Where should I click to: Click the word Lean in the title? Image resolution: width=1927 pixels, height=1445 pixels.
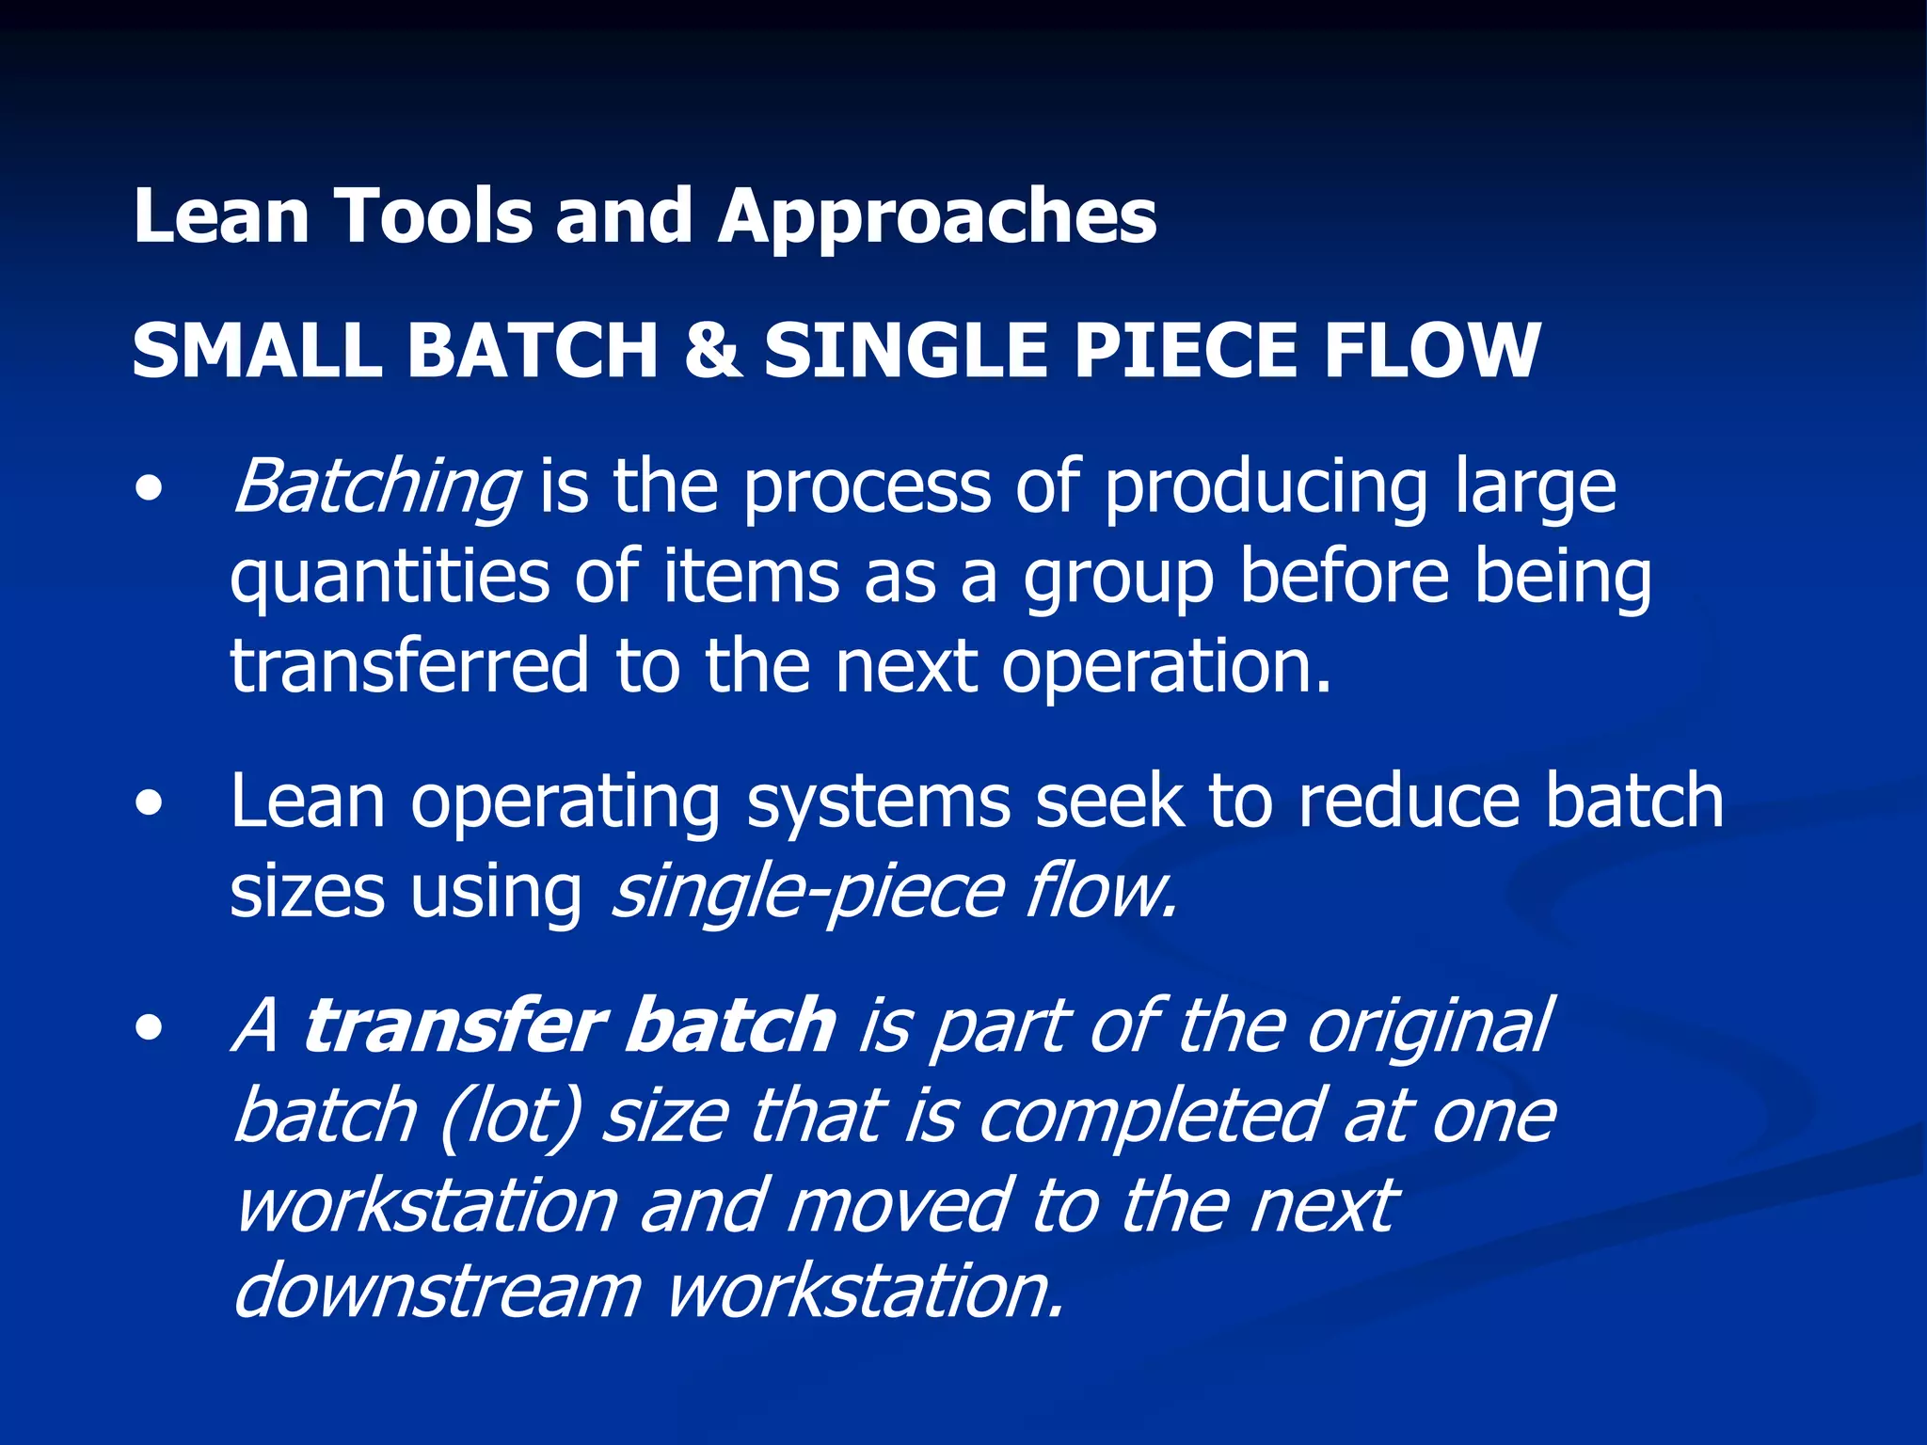pyautogui.click(x=221, y=216)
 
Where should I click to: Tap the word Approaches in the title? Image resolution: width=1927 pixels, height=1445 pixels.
pyautogui.click(x=937, y=218)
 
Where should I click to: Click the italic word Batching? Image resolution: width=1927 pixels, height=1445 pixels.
pyautogui.click(x=374, y=487)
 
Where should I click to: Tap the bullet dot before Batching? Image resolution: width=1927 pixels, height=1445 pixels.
pyautogui.click(x=148, y=489)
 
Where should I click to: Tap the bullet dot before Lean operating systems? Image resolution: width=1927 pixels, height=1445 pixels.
pyautogui.click(x=148, y=803)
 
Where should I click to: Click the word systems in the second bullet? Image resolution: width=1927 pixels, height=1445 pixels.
pyautogui.click(x=879, y=803)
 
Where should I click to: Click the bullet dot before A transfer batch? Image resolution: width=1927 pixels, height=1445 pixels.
pyautogui.click(x=148, y=1028)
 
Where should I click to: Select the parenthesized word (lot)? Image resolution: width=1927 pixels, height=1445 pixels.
pyautogui.click(x=509, y=1117)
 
